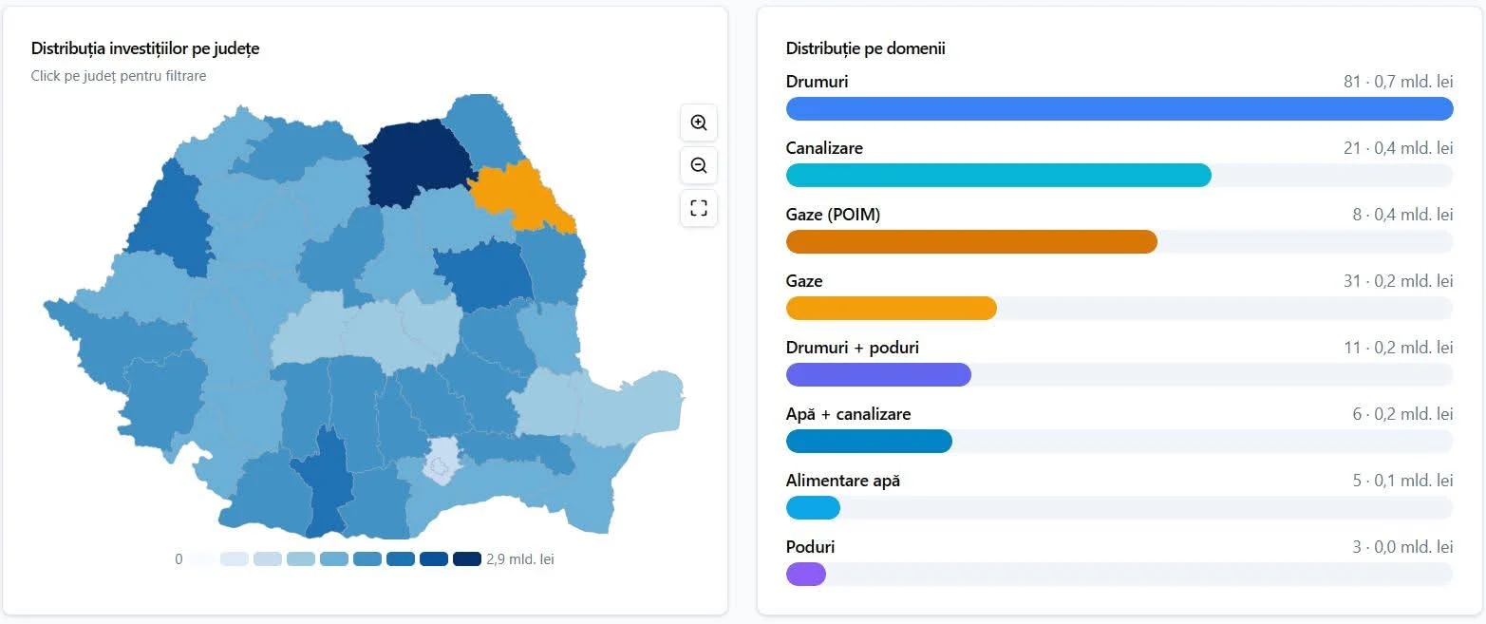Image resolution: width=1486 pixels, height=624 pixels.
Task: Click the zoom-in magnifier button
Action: point(699,123)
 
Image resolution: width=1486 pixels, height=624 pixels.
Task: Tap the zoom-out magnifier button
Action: point(699,165)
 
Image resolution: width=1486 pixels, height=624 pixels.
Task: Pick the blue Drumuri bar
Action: point(1119,109)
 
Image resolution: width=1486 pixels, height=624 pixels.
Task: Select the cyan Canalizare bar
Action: point(998,176)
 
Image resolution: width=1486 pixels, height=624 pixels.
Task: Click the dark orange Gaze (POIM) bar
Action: point(971,242)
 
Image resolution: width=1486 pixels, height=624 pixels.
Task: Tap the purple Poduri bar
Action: point(806,575)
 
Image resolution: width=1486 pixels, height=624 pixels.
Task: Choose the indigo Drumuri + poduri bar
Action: point(878,375)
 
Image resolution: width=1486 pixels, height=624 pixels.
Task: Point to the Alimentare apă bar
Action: point(813,508)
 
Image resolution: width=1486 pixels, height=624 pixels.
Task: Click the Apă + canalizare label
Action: point(848,414)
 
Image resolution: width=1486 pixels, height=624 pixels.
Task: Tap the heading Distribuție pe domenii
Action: point(865,48)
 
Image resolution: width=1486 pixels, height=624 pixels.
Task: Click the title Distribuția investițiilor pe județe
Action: point(145,48)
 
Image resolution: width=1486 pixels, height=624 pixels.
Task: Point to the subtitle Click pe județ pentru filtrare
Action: point(119,76)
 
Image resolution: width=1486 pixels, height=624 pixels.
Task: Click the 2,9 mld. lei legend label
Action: point(519,559)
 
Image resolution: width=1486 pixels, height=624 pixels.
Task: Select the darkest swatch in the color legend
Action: point(467,559)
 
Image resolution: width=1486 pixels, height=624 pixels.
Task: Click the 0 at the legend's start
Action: point(179,559)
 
